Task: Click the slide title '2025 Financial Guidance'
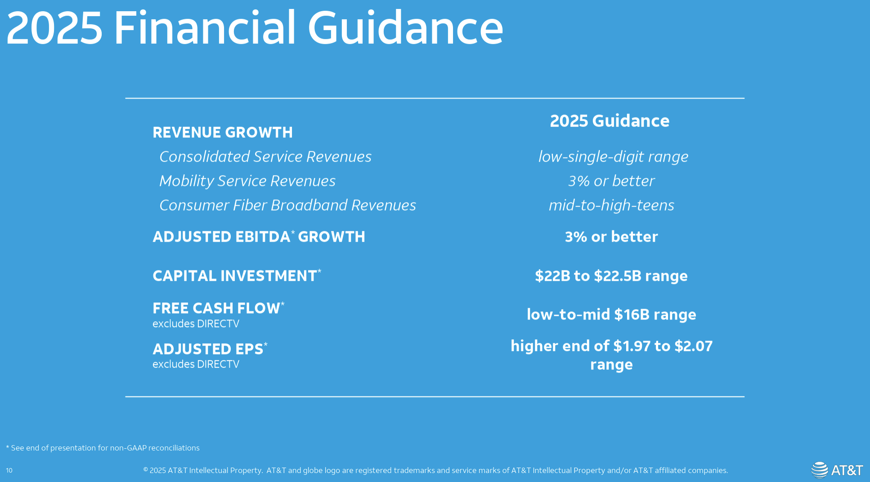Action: (x=255, y=28)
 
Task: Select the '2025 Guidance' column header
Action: (x=610, y=121)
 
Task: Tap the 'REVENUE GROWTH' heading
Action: (x=223, y=132)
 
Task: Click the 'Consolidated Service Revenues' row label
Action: (x=265, y=157)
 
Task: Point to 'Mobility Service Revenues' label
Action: (x=247, y=181)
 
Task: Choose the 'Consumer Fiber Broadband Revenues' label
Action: (x=288, y=205)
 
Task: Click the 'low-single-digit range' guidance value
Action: (x=613, y=157)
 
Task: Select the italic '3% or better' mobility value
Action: (x=611, y=181)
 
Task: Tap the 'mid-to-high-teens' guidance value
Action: (x=611, y=205)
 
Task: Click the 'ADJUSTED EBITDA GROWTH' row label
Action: (x=259, y=236)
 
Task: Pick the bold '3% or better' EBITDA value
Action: (x=611, y=237)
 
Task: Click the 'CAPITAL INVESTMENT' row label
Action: (x=237, y=275)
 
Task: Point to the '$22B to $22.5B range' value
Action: (x=611, y=276)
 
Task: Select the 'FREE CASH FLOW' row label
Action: (x=219, y=308)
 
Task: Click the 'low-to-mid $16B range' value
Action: (x=611, y=315)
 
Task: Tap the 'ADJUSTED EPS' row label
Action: (x=210, y=349)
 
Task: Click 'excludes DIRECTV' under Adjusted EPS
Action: (x=196, y=364)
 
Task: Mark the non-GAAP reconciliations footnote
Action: (x=103, y=448)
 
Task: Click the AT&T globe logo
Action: (x=819, y=470)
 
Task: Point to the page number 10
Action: (x=9, y=470)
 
